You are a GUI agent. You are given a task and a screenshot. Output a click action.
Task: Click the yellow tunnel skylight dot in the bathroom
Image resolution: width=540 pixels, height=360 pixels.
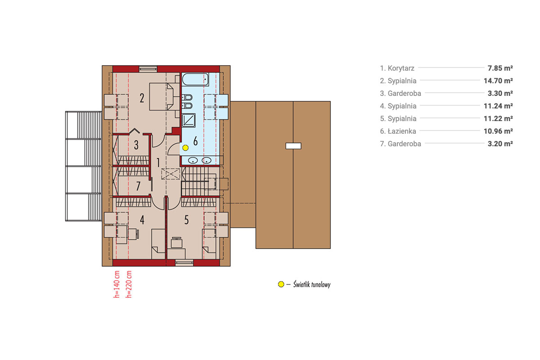pyautogui.click(x=185, y=148)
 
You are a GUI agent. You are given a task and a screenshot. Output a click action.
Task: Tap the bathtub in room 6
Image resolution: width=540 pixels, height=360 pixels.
pyautogui.click(x=195, y=79)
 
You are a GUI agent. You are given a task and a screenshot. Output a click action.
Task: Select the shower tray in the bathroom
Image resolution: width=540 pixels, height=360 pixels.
pyautogui.click(x=188, y=120)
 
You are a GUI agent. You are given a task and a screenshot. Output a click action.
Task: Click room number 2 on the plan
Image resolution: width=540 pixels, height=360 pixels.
pyautogui.click(x=142, y=98)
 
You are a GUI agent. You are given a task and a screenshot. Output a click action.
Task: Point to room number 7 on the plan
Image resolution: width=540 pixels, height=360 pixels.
pyautogui.click(x=138, y=186)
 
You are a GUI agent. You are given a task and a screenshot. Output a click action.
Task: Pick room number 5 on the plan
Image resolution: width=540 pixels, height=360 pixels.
pyautogui.click(x=186, y=220)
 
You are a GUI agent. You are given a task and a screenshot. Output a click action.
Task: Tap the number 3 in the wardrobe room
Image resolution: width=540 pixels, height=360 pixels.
pyautogui.click(x=136, y=145)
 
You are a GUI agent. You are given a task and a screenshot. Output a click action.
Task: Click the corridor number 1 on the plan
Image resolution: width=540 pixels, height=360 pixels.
pyautogui.click(x=158, y=162)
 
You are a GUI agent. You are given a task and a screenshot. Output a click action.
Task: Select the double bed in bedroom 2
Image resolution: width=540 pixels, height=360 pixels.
pyautogui.click(x=161, y=97)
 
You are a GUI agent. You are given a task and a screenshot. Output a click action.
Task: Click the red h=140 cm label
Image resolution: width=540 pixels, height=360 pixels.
pyautogui.click(x=117, y=284)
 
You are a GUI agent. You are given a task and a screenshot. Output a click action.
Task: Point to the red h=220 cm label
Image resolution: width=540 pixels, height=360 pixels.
pyautogui.click(x=129, y=284)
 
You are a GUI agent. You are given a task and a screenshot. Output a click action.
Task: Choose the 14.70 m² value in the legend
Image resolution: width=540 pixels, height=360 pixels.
pyautogui.click(x=498, y=81)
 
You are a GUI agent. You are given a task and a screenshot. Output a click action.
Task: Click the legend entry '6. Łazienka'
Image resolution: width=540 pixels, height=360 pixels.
pyautogui.click(x=398, y=131)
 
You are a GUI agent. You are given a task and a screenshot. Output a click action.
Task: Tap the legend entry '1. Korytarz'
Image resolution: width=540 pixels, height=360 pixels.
pyautogui.click(x=397, y=68)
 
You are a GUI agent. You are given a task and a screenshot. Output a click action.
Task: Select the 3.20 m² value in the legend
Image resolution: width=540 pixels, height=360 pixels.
pyautogui.click(x=500, y=144)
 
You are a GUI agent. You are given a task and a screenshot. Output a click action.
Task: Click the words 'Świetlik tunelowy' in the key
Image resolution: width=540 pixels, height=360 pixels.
pyautogui.click(x=312, y=284)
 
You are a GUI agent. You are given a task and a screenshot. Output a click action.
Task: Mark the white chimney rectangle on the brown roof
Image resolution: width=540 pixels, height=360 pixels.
pyautogui.click(x=293, y=146)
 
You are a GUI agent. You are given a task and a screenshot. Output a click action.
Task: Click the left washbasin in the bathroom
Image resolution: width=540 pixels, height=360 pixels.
pyautogui.click(x=193, y=160)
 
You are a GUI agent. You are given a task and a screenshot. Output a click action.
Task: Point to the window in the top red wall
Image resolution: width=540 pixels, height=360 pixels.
pyautogui.click(x=148, y=69)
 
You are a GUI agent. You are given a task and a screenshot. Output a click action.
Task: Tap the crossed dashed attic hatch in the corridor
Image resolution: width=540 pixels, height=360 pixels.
pyautogui.click(x=171, y=174)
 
